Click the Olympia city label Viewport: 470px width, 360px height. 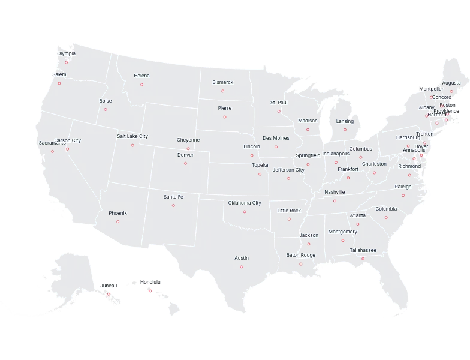(67, 53)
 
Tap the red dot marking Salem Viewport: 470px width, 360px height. (59, 83)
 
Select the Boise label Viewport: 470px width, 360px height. (106, 101)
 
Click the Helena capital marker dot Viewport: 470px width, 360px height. (142, 85)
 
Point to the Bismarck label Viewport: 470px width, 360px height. (222, 82)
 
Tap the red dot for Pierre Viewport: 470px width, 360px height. (225, 117)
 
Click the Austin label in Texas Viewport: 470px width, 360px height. (241, 258)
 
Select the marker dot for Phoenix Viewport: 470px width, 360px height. (117, 222)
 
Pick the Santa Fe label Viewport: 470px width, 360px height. (173, 197)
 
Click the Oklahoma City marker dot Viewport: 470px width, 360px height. (244, 212)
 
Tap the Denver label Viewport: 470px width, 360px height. (185, 155)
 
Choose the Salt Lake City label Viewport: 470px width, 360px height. (132, 136)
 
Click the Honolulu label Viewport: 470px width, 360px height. (150, 281)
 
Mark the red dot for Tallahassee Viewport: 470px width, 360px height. (363, 258)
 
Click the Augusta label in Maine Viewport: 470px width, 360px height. (451, 83)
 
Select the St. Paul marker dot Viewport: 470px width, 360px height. (279, 111)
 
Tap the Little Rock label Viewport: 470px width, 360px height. (290, 211)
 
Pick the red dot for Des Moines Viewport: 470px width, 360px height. (276, 146)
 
